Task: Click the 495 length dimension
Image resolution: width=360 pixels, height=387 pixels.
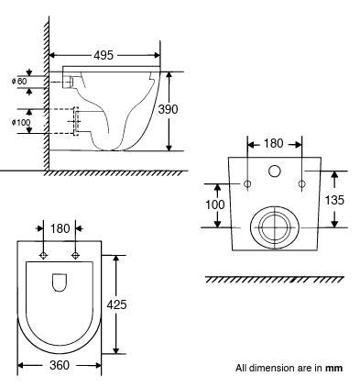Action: [104, 55]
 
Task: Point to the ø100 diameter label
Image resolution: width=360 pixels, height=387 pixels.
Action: [21, 122]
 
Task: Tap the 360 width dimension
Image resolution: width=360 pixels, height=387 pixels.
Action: [60, 366]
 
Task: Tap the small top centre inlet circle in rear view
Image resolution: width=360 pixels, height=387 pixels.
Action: [275, 171]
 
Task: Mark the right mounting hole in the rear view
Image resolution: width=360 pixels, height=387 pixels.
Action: [302, 184]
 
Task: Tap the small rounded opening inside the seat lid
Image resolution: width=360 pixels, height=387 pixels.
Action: [60, 283]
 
